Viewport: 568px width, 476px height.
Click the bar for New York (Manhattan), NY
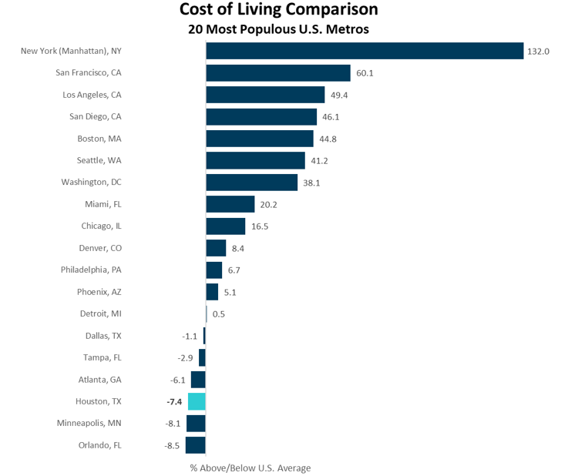365,51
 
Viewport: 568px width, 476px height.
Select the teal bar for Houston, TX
197,401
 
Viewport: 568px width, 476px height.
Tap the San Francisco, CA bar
278,73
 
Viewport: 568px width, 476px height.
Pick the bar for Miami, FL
230,204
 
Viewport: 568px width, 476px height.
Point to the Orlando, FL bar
196,445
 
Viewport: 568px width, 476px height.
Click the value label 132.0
538,52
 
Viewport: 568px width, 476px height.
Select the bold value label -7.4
174,402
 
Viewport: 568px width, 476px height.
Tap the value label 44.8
328,139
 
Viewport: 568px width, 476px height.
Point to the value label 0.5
218,314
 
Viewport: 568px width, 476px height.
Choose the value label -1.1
190,337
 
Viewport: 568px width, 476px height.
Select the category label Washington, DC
91,183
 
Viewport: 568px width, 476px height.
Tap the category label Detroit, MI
100,313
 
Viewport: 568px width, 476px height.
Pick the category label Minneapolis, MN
89,424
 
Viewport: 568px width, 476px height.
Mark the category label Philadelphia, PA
91,270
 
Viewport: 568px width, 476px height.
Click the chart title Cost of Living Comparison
278,10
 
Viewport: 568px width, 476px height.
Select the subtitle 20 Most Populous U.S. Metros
278,30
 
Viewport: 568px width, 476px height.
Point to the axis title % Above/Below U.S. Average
250,468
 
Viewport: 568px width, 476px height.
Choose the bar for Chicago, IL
225,226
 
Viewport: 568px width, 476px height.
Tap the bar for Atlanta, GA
198,380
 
